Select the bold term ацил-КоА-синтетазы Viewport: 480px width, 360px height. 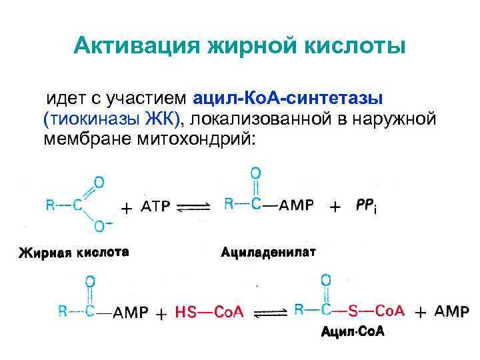click(287, 98)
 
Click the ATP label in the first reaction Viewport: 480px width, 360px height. click(157, 207)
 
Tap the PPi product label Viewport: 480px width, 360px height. click(366, 207)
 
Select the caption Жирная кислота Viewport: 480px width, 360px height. click(73, 252)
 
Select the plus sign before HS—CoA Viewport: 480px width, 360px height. click(161, 313)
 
